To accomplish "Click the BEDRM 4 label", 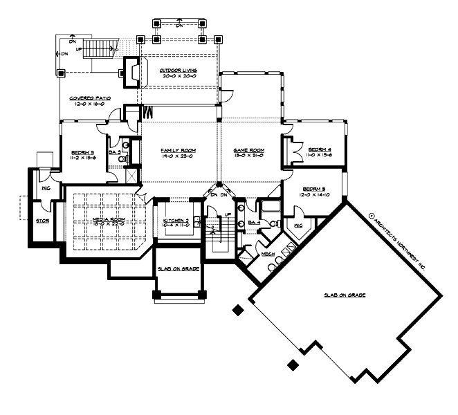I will point(320,149).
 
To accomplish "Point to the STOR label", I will point(42,221).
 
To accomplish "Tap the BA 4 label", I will point(254,222).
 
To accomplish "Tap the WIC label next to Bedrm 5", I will point(299,225).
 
